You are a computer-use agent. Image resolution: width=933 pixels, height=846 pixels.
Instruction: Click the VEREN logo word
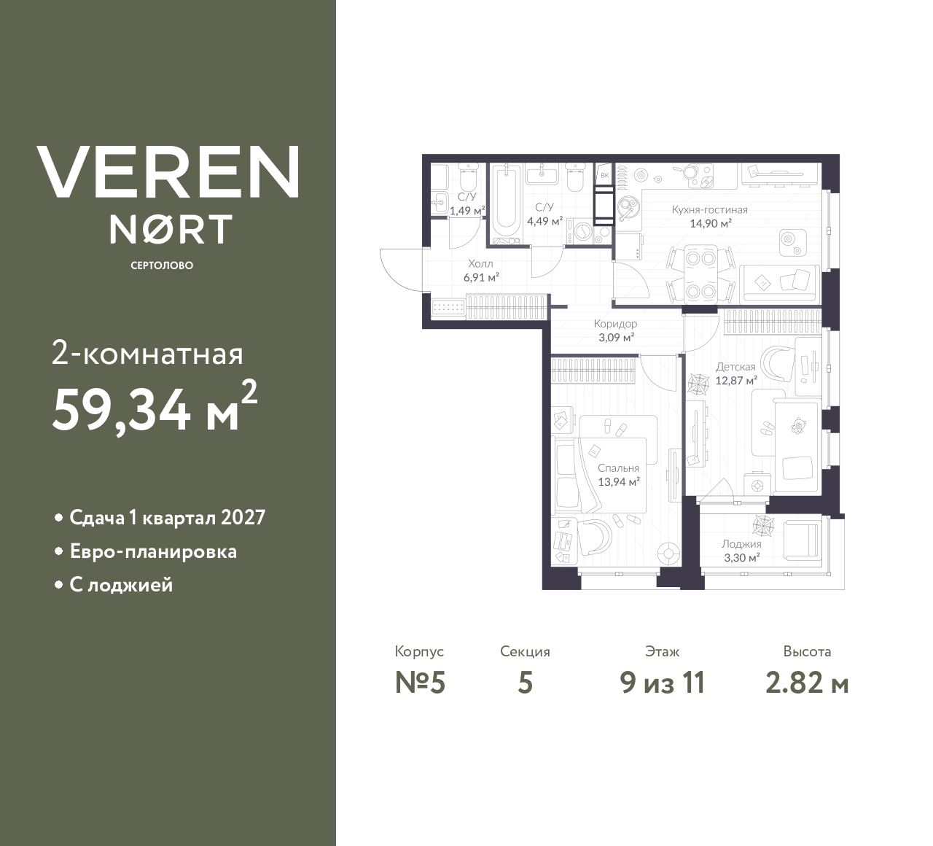pos(168,171)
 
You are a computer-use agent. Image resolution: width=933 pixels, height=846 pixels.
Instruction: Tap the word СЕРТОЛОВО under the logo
pos(162,265)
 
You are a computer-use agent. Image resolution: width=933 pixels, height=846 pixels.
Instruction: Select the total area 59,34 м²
pos(154,411)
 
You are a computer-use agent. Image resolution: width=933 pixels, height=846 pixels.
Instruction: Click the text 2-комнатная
pos(148,355)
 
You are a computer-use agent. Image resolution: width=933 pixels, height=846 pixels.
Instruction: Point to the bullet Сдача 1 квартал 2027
pos(167,518)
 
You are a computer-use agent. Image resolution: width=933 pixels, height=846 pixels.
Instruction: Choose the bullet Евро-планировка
pos(153,551)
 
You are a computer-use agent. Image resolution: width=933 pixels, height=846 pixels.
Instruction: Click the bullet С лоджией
pos(121,585)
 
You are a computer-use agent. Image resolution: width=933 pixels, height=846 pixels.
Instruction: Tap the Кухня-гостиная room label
pos(709,210)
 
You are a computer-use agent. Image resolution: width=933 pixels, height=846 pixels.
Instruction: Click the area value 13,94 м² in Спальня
pos(619,481)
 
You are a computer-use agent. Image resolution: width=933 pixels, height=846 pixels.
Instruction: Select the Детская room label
pos(735,367)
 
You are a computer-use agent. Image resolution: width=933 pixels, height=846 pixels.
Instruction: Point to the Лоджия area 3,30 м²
pos(741,557)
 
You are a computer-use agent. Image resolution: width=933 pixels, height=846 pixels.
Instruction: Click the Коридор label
pos(615,324)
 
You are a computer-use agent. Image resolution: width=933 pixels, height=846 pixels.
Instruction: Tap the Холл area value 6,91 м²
pos(481,277)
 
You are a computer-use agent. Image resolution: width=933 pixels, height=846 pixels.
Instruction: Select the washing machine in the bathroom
pos(584,232)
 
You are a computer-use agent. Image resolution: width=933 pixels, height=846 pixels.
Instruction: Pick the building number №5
pos(420,683)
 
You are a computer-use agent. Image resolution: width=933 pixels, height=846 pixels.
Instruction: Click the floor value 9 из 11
pos(663,683)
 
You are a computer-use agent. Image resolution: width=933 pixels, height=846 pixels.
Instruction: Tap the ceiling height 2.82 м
pos(807,683)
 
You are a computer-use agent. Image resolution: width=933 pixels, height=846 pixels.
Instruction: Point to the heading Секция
pos(525,651)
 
